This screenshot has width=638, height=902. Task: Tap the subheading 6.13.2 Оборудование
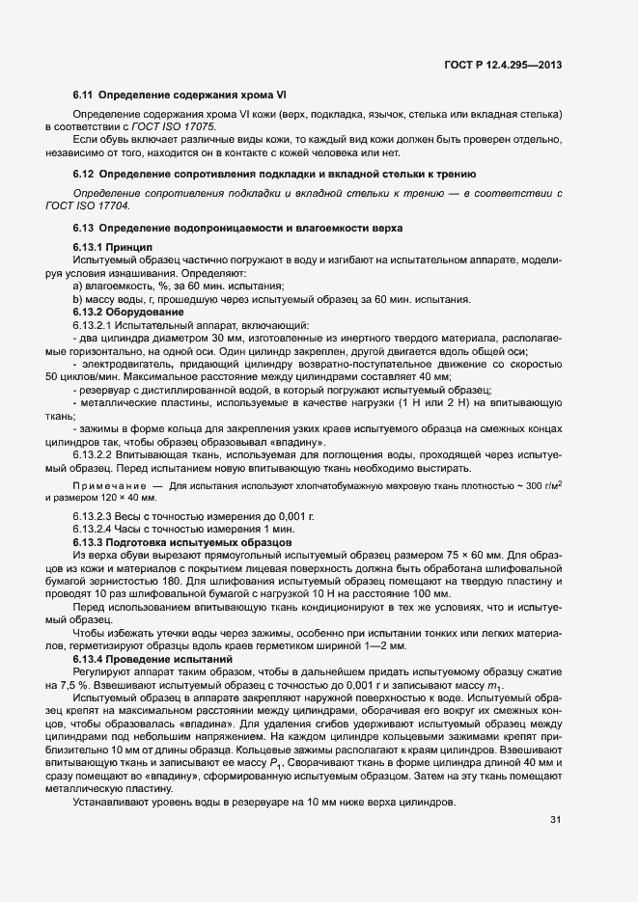click(126, 313)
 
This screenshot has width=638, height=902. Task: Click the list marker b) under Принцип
click(78, 301)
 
